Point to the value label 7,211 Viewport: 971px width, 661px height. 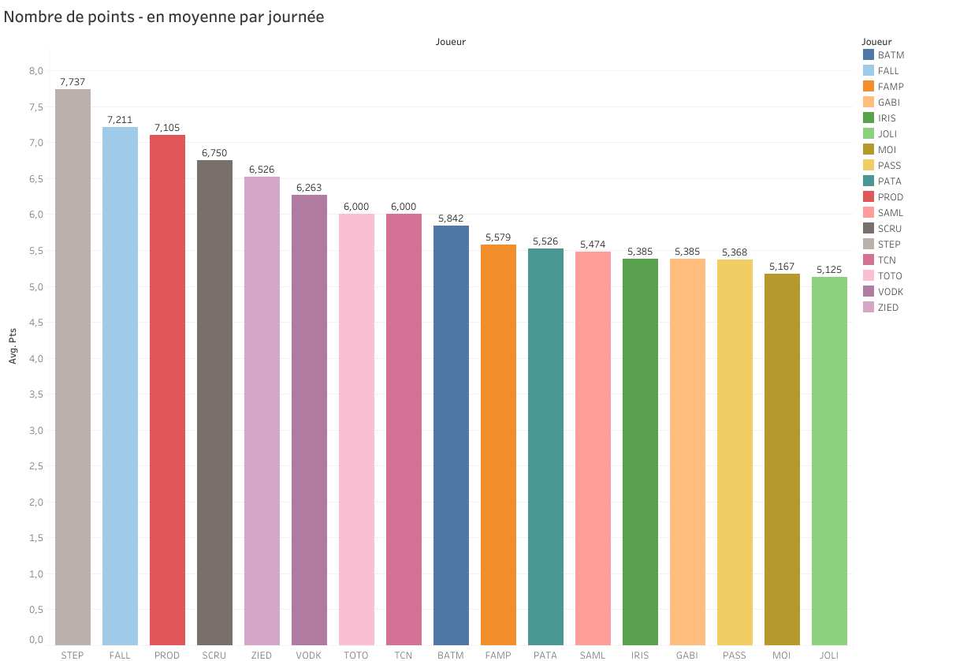[120, 120]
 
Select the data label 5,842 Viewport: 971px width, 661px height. [451, 218]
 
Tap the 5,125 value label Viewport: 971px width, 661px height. [829, 270]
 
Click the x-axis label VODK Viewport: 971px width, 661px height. [309, 655]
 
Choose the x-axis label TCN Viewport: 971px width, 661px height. [404, 655]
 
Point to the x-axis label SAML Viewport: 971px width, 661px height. [593, 655]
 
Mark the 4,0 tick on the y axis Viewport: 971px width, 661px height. [36, 359]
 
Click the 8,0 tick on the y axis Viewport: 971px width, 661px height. [36, 70]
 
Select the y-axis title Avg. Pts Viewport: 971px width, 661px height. [13, 345]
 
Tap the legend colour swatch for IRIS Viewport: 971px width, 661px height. [869, 118]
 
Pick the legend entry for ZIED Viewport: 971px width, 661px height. [887, 308]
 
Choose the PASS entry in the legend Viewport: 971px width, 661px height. [889, 166]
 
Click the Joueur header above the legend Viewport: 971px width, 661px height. [876, 41]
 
